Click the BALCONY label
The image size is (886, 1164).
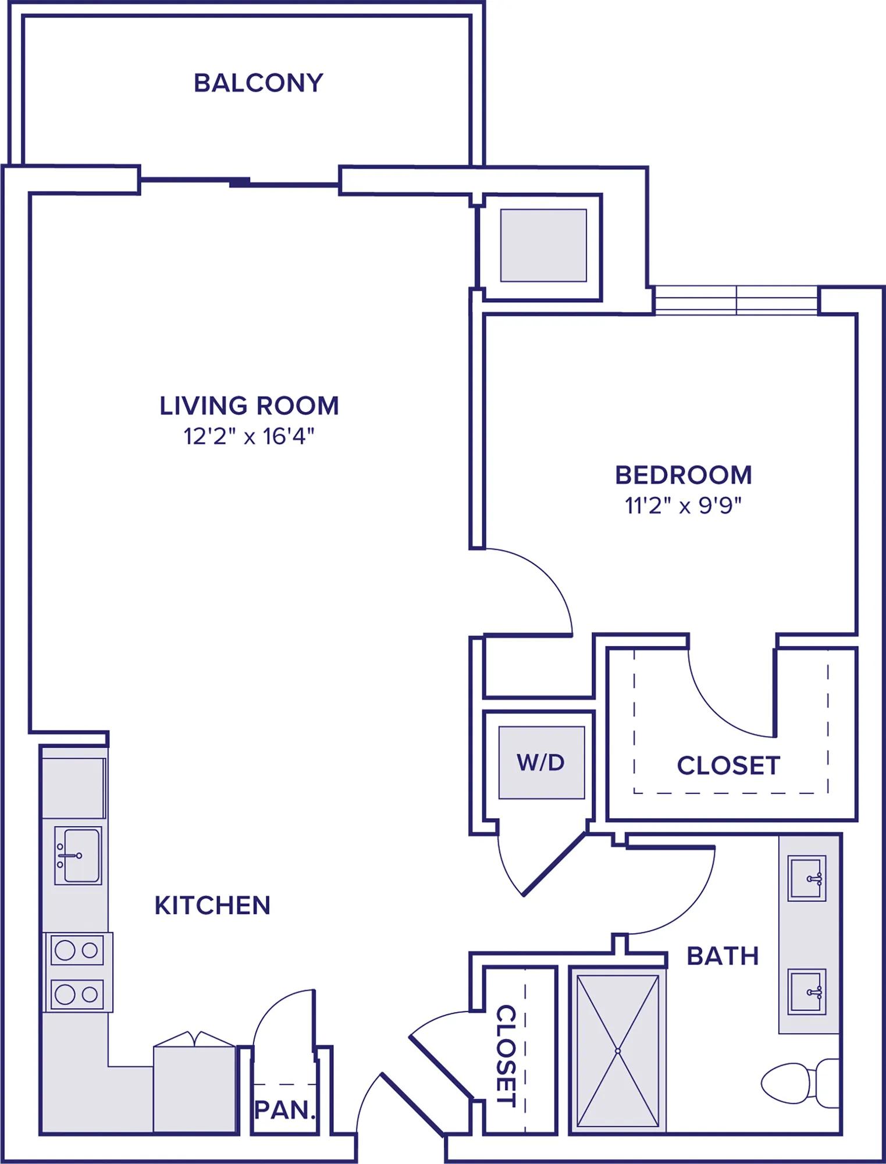click(258, 83)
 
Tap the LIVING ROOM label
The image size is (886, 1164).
click(249, 406)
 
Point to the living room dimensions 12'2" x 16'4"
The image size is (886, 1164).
click(249, 436)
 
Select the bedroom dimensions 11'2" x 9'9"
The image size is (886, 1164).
click(684, 505)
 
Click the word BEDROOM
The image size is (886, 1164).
click(684, 475)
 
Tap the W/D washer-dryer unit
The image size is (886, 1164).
click(542, 762)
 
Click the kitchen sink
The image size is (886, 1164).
click(78, 856)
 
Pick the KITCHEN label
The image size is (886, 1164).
click(212, 906)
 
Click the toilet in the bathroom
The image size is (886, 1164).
click(800, 1084)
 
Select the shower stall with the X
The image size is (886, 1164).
click(618, 1051)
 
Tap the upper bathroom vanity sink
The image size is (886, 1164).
click(807, 878)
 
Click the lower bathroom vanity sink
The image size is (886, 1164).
click(807, 992)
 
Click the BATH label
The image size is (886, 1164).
click(723, 956)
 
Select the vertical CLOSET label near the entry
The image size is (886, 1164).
click(506, 1055)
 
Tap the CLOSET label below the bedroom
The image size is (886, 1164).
click(728, 766)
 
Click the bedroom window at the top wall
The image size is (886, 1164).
click(736, 300)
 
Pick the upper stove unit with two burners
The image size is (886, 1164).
click(78, 950)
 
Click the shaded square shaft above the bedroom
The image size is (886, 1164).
click(543, 245)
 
